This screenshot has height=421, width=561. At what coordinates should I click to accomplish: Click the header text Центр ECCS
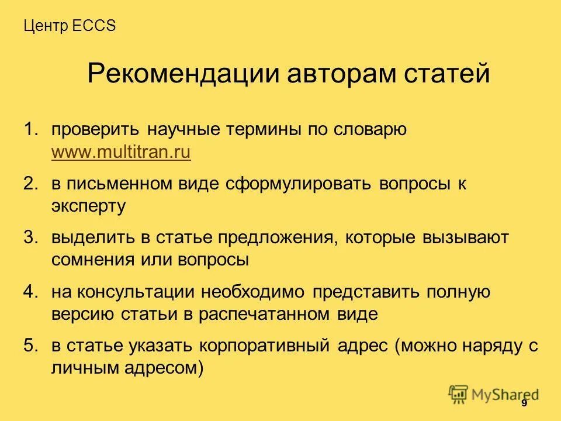click(x=70, y=26)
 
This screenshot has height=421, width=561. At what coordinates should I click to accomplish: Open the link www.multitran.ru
click(x=121, y=153)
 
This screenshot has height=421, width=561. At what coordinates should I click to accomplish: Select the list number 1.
click(x=30, y=130)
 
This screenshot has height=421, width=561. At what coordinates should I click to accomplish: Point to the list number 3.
click(x=30, y=238)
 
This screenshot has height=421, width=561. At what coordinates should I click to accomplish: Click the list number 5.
click(x=30, y=346)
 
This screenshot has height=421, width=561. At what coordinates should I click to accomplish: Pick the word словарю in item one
click(x=370, y=130)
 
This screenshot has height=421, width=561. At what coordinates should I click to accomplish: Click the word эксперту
click(x=88, y=206)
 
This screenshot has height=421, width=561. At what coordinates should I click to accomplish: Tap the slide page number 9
click(x=524, y=403)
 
